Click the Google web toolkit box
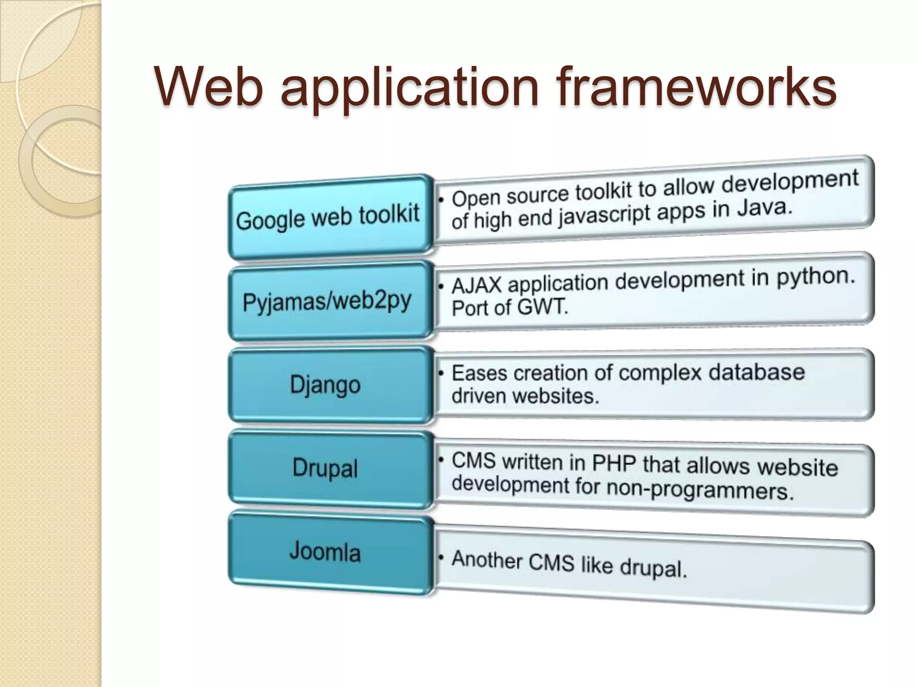[329, 217]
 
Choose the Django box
[326, 385]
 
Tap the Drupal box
[326, 469]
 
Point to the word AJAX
[477, 285]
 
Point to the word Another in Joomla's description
[487, 560]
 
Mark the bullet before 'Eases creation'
[441, 372]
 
